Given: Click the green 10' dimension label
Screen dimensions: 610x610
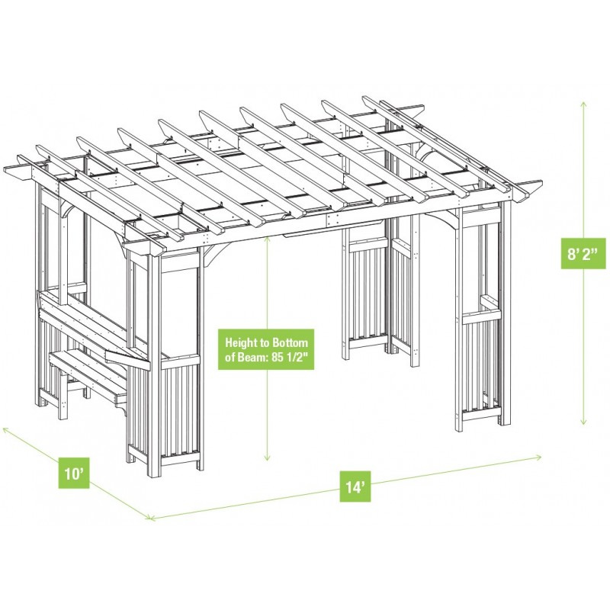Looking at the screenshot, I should tap(74, 474).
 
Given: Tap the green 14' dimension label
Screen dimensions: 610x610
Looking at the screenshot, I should tap(356, 487).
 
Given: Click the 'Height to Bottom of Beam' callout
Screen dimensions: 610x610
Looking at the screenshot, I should tap(266, 349).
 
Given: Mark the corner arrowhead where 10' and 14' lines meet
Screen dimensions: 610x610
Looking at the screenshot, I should tap(150, 518).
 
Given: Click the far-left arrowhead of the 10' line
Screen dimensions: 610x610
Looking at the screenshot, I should tap(4, 429).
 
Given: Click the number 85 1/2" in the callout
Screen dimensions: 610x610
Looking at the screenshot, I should tap(291, 357).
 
